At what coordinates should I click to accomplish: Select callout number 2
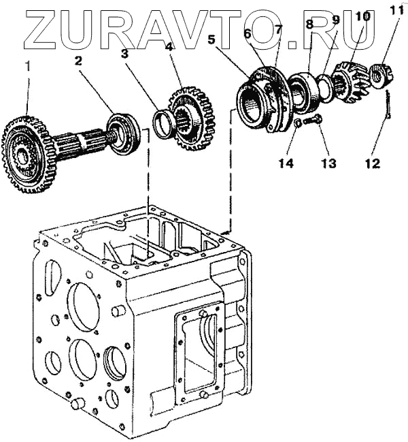tap(79, 61)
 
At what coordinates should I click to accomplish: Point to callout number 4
tap(169, 47)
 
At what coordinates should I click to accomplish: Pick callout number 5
tap(212, 40)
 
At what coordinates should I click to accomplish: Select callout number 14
tap(286, 163)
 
